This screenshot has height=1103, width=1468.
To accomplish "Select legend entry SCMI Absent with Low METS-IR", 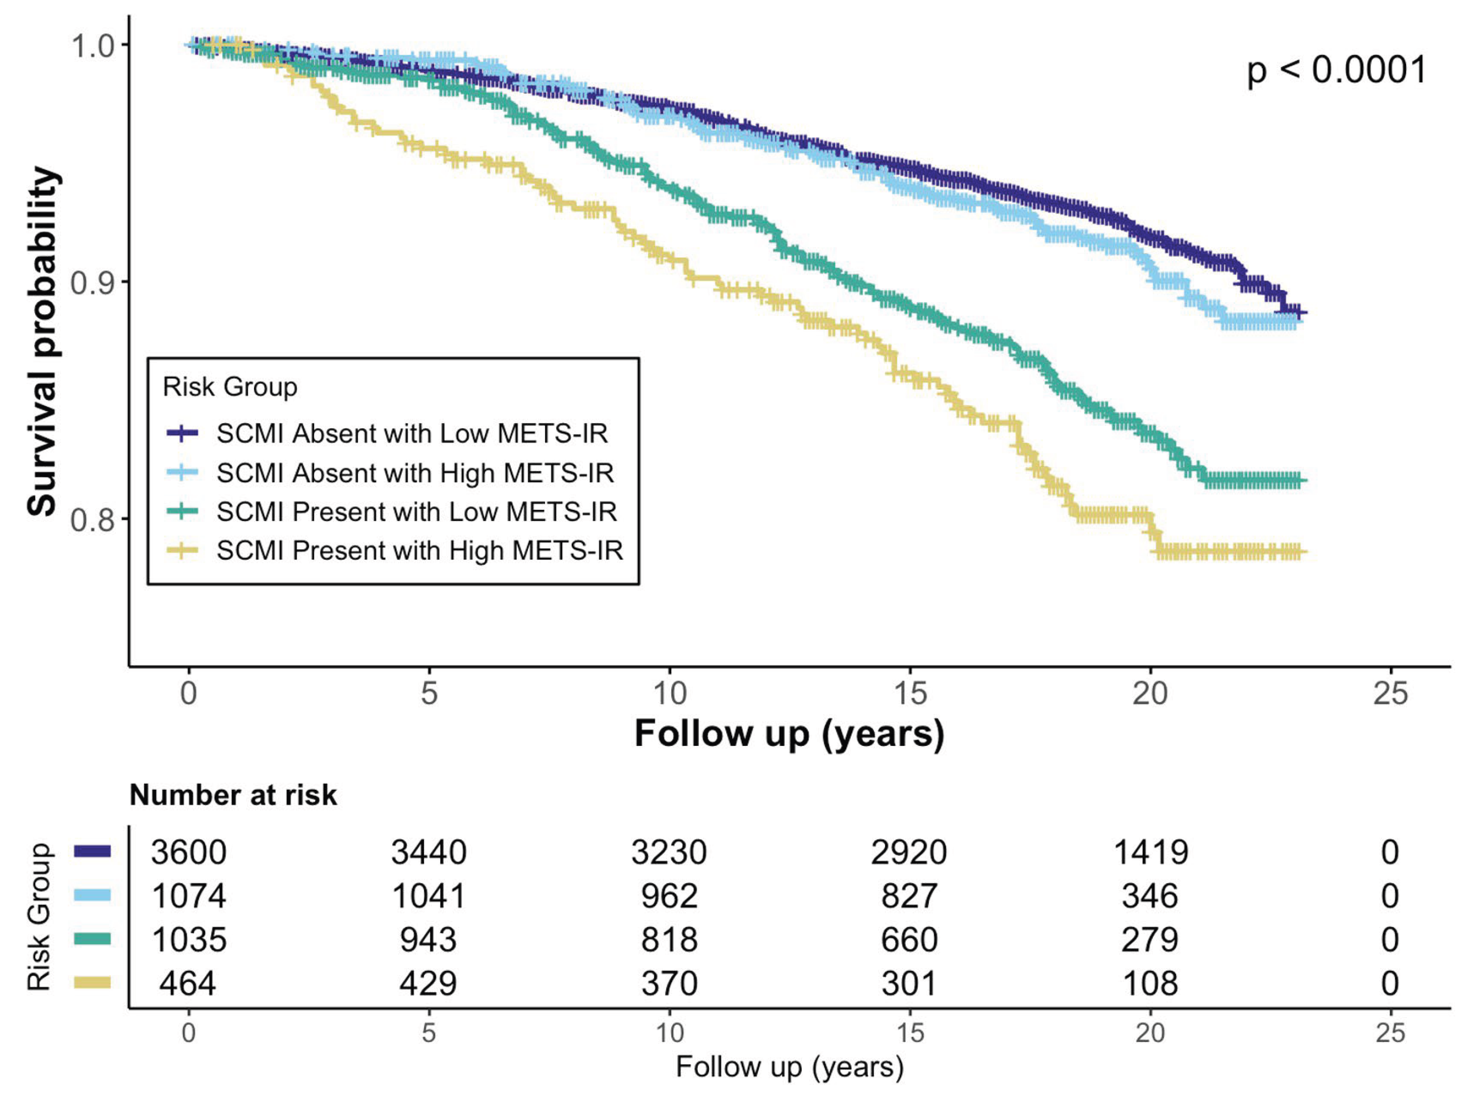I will click(x=411, y=434).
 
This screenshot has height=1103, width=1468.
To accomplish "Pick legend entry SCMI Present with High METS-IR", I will click(x=419, y=550).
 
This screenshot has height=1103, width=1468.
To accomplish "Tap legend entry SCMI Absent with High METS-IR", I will click(x=415, y=472).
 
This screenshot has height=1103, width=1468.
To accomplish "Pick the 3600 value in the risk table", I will click(x=188, y=852).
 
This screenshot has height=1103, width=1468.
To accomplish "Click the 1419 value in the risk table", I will click(x=1150, y=852).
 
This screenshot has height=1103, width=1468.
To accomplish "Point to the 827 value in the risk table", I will click(x=909, y=896).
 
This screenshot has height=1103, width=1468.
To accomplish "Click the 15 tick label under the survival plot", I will click(x=909, y=693).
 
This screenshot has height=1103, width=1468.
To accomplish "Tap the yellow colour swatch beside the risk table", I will click(x=92, y=982).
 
